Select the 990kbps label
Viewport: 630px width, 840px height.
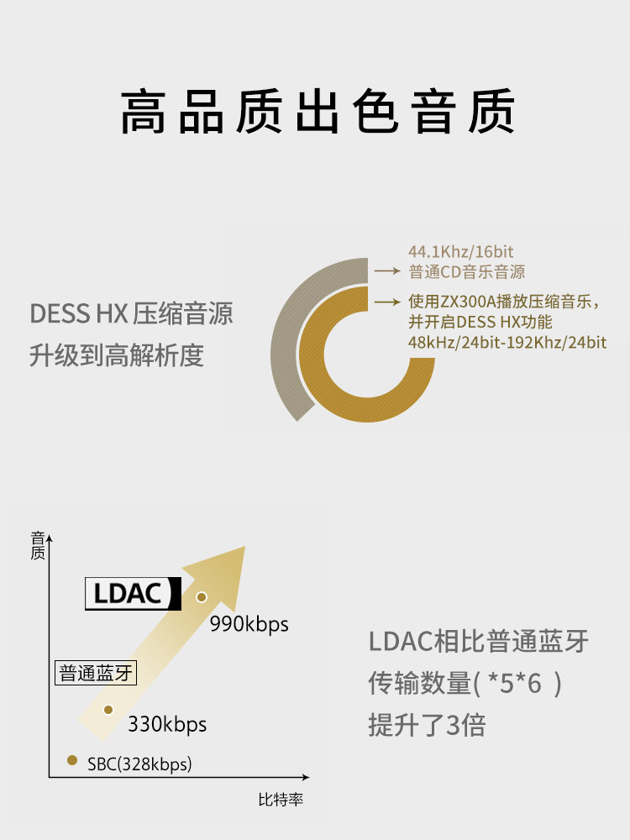(249, 624)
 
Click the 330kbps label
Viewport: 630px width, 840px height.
(167, 724)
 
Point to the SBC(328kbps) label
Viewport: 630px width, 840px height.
(139, 764)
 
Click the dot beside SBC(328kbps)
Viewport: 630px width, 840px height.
(72, 761)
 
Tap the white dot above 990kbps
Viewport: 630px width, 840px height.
(201, 597)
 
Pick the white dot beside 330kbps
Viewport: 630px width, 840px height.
(108, 710)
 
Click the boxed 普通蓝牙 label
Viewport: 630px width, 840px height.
(96, 674)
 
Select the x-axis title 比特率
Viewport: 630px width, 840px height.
(280, 800)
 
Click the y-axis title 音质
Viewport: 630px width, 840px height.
(37, 546)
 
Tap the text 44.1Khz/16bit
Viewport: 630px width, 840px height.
(460, 251)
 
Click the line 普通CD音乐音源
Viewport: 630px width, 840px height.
(466, 271)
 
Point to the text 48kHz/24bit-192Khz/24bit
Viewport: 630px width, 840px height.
(507, 343)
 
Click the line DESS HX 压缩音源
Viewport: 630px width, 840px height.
(131, 314)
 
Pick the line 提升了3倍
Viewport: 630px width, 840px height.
(427, 724)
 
